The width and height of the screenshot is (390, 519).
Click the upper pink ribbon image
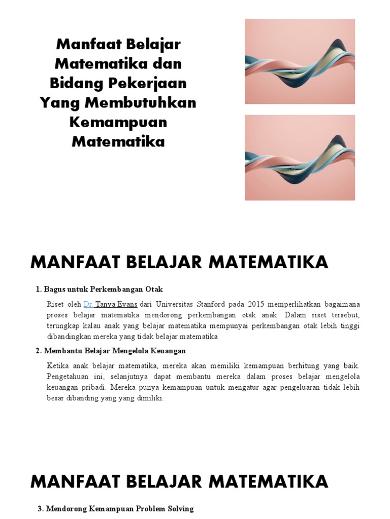click(300, 61)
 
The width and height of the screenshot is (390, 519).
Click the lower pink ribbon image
click(300, 157)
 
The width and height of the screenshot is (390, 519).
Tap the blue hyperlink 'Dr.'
click(88, 305)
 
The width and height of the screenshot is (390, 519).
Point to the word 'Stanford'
click(221, 305)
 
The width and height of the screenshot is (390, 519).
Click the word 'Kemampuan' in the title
click(118, 122)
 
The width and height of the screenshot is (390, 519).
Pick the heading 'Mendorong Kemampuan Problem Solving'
click(119, 508)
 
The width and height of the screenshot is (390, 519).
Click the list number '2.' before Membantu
click(39, 351)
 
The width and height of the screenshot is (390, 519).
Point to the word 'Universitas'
click(179, 305)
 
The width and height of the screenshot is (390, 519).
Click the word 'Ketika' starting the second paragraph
click(56, 366)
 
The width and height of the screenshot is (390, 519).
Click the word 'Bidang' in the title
click(74, 83)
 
